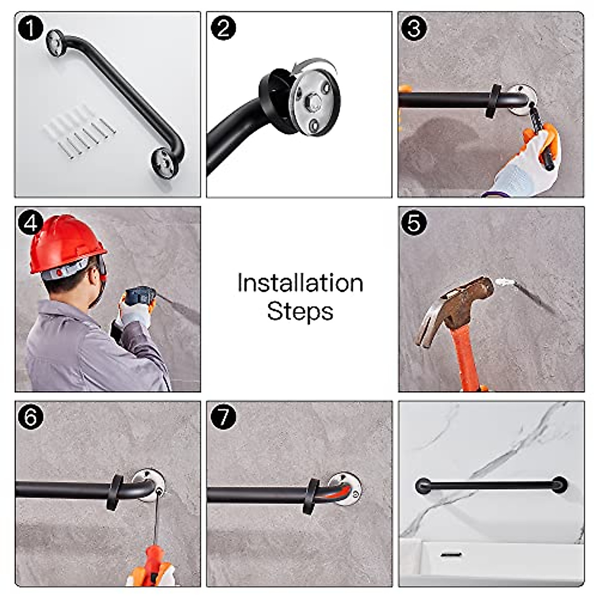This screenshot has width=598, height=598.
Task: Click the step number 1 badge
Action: (x=30, y=28)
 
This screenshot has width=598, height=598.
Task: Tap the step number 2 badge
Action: (x=223, y=28)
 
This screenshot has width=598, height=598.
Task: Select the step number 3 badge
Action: (x=414, y=28)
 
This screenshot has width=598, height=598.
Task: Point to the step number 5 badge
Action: (x=414, y=223)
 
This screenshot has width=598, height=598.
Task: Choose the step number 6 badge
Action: (x=30, y=417)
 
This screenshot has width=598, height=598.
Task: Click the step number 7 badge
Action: (x=223, y=417)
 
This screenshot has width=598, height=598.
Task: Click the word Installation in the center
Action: (x=300, y=283)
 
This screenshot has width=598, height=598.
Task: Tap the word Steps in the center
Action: (x=300, y=311)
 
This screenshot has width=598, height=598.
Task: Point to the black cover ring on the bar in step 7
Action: (x=312, y=496)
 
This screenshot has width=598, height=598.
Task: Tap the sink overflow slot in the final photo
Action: (x=450, y=554)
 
